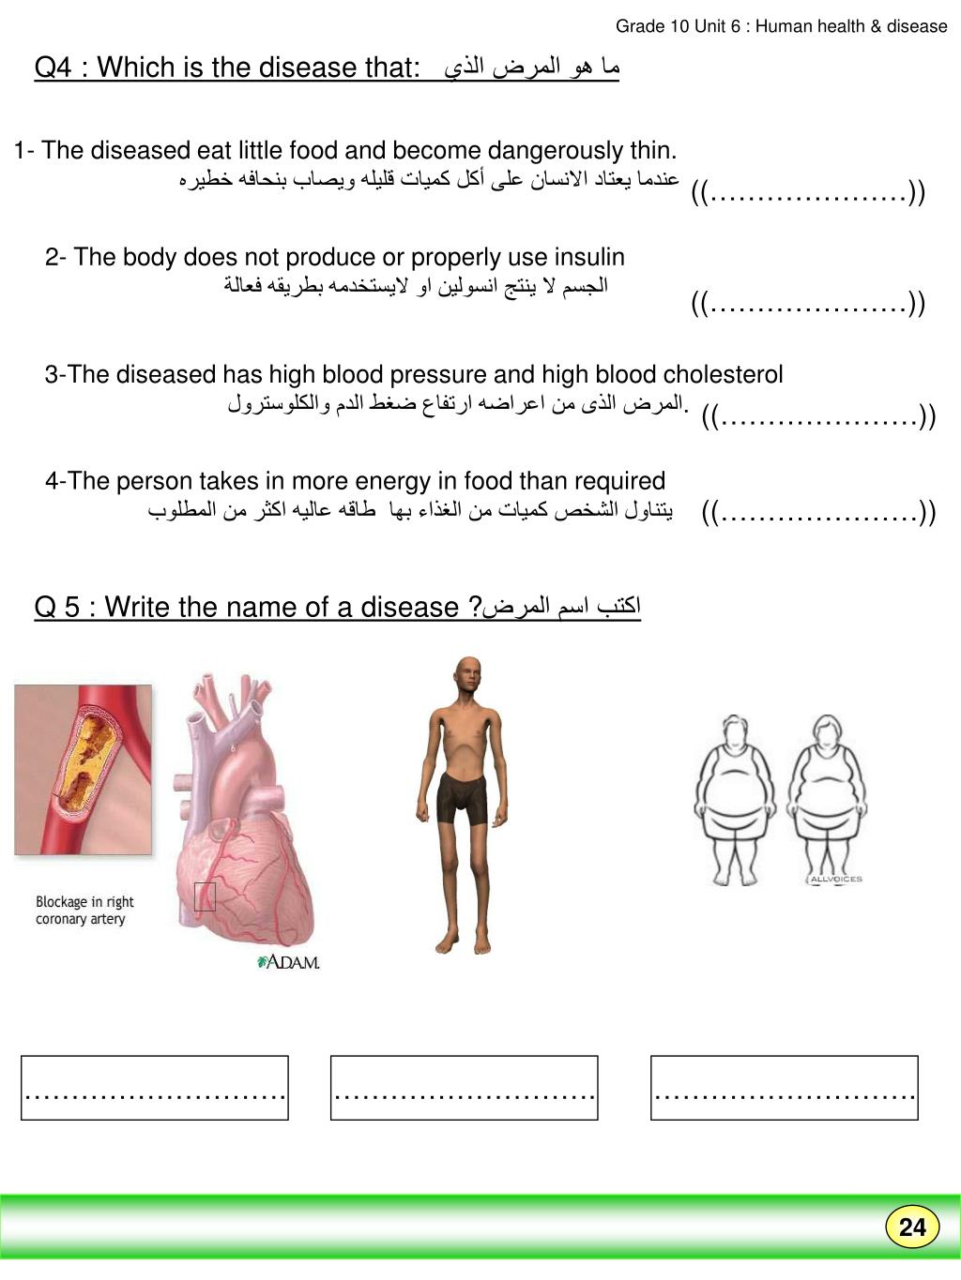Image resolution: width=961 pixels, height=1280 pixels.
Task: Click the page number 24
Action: [911, 1227]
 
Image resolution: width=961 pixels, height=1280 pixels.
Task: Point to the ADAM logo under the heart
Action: [289, 962]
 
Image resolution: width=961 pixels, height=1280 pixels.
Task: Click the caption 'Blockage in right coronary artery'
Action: [84, 910]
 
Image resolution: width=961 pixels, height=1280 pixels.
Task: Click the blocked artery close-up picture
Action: [83, 769]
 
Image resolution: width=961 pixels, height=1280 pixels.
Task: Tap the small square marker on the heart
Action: [205, 896]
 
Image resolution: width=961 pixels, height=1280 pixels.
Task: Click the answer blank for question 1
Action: [808, 194]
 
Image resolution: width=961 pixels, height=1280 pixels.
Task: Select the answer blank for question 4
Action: [818, 513]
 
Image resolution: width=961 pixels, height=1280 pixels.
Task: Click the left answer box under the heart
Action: [155, 1088]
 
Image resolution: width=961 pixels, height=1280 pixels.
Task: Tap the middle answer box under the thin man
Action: [464, 1088]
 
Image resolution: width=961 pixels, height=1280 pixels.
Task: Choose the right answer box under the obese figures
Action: [784, 1088]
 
